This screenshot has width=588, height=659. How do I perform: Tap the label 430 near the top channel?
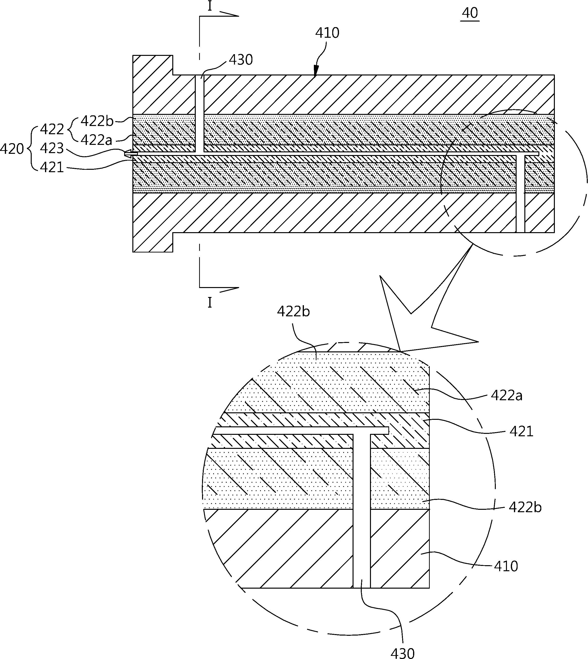pyautogui.click(x=241, y=60)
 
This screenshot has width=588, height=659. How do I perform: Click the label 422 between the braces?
pyautogui.click(x=52, y=129)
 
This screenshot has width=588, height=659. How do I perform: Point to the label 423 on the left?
pyautogui.click(x=52, y=148)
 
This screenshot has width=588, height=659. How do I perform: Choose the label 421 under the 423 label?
pyautogui.click(x=52, y=168)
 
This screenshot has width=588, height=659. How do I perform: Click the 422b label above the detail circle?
pyautogui.click(x=293, y=311)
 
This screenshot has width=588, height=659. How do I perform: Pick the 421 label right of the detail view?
pyautogui.click(x=521, y=431)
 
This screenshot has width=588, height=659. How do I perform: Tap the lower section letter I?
pyautogui.click(x=210, y=303)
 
